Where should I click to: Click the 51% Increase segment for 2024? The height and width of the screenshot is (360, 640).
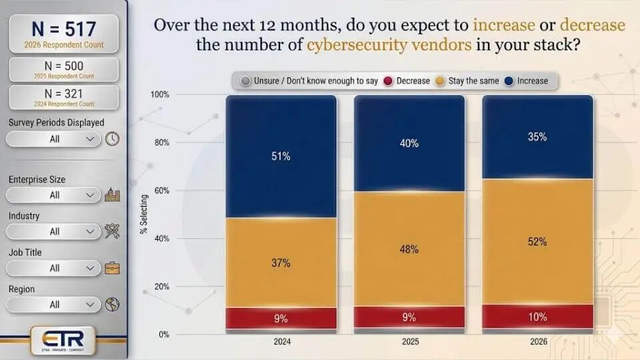(281, 157)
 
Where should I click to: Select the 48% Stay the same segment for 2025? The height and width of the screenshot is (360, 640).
(409, 249)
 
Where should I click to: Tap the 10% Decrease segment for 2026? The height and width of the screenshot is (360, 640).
(537, 317)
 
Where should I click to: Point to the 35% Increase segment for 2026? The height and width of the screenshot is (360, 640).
(537, 137)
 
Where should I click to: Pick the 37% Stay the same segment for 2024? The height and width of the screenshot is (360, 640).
(281, 263)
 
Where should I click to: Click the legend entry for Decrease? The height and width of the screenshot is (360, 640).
(407, 81)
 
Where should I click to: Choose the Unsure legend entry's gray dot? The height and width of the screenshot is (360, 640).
(245, 81)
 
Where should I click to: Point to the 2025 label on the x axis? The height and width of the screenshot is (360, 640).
(409, 341)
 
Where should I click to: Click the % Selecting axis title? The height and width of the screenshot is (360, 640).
(143, 214)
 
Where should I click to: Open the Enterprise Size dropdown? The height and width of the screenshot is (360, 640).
(54, 195)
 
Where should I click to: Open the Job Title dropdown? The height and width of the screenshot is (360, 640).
(54, 268)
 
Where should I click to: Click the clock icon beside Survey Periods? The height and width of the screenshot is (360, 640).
(112, 139)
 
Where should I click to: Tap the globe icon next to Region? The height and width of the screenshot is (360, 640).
(112, 305)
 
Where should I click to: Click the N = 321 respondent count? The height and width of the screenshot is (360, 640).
(64, 97)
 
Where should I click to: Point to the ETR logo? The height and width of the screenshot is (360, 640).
(63, 337)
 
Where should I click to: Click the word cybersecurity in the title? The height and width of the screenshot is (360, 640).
(352, 45)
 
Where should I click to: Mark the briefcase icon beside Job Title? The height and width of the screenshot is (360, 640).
(112, 268)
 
